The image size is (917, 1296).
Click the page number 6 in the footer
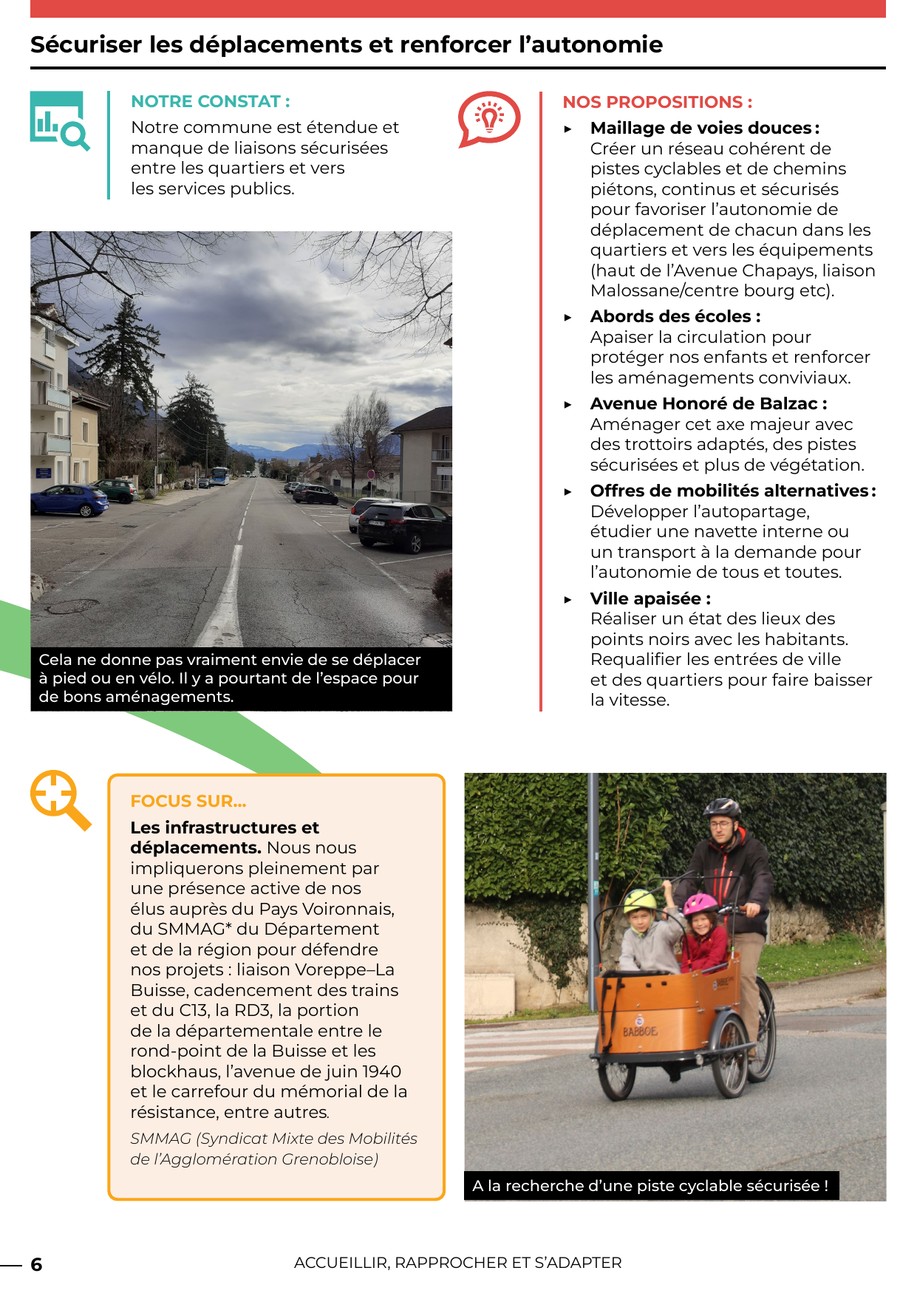tap(36, 1264)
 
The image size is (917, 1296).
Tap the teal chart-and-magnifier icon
tap(59, 120)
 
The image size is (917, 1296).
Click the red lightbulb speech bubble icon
tap(488, 118)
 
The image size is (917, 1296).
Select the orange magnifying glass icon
tap(60, 800)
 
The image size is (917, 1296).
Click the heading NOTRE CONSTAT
tap(210, 101)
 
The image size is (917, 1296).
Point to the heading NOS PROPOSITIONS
tap(657, 102)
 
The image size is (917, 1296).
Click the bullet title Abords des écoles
tap(675, 316)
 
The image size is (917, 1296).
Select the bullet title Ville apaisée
tap(650, 598)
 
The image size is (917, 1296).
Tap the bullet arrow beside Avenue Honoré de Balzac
tap(567, 405)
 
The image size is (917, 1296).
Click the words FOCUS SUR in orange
tap(188, 801)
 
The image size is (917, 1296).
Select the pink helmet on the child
tap(700, 903)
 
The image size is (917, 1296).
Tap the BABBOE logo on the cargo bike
tap(639, 1031)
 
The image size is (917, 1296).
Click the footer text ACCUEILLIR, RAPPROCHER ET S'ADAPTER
tap(457, 1263)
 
